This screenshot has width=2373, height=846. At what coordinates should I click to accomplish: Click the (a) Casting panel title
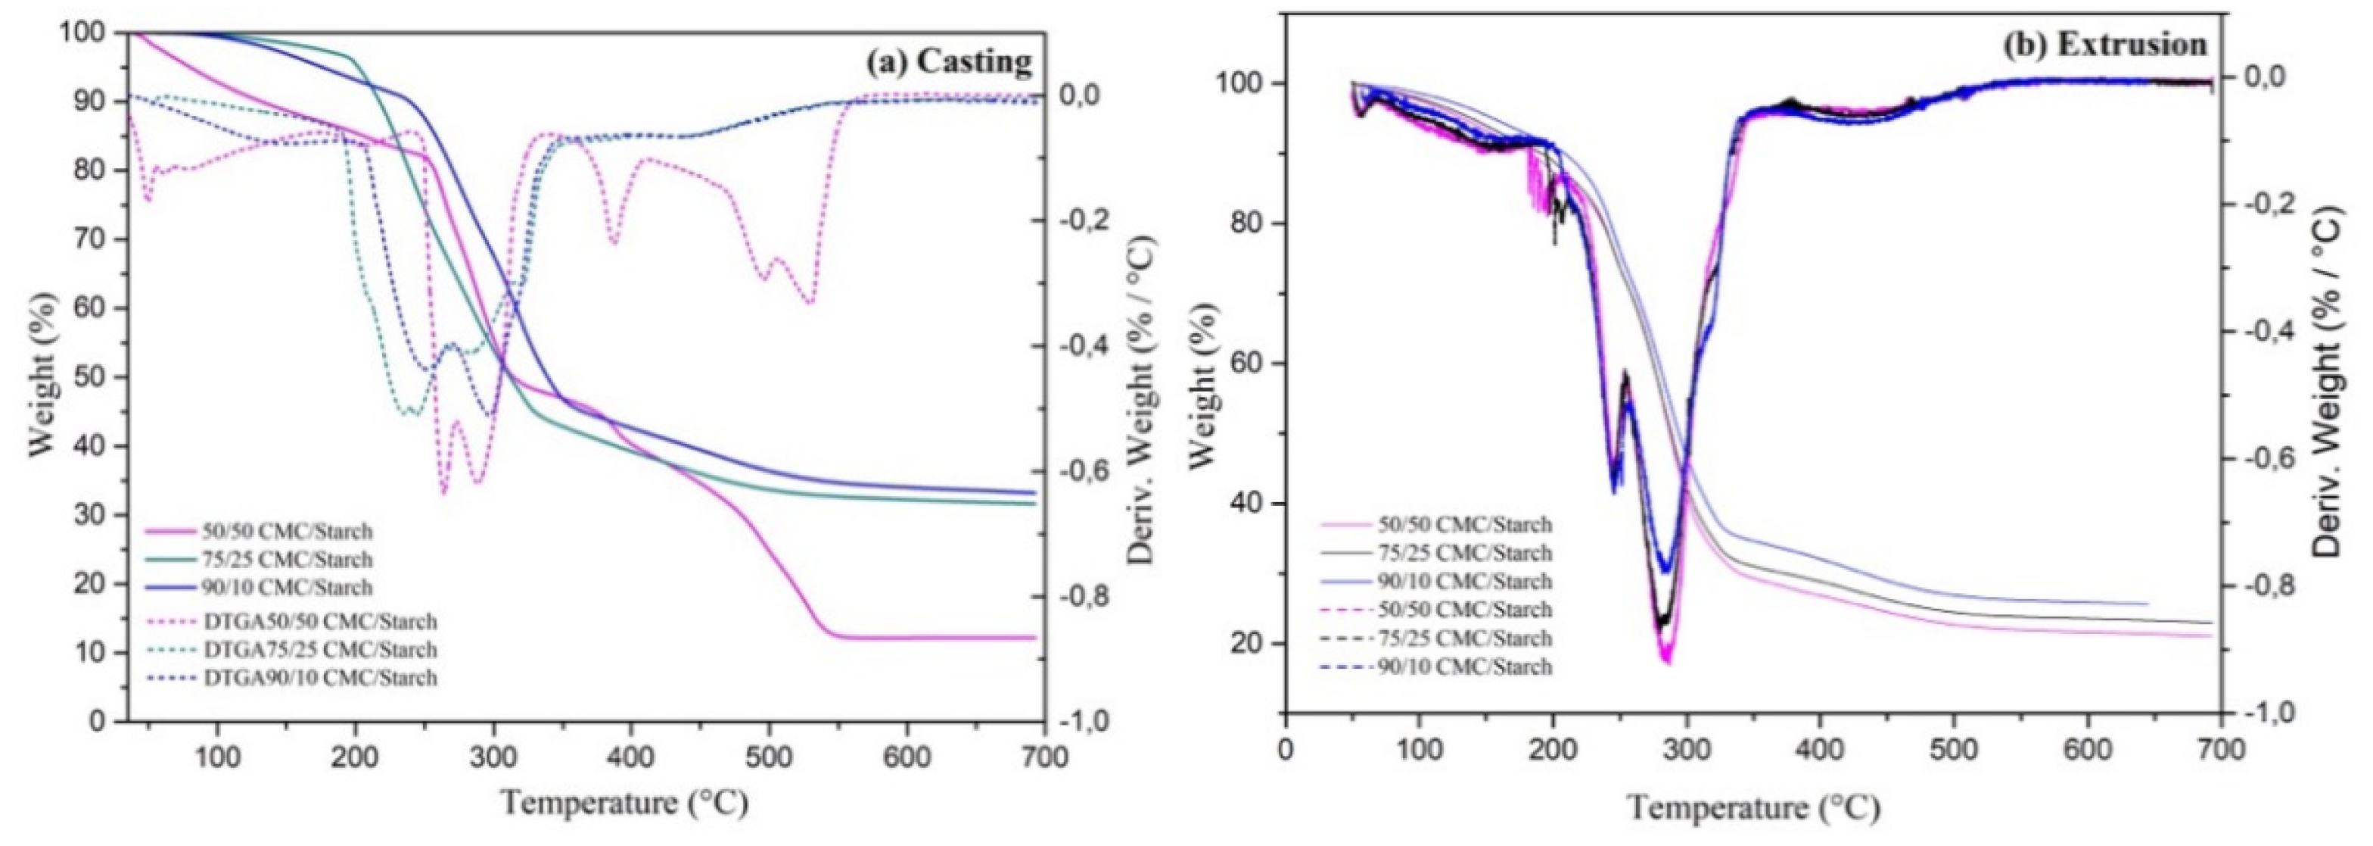948,62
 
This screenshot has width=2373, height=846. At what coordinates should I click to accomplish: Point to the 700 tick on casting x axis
1043,757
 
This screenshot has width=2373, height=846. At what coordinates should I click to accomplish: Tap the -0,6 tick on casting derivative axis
1098,472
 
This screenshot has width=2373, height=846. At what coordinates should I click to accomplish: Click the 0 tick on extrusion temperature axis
1286,748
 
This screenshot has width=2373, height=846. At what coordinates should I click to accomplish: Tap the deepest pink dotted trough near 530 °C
809,302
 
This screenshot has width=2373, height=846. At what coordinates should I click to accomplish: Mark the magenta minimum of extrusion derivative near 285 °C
1666,660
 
